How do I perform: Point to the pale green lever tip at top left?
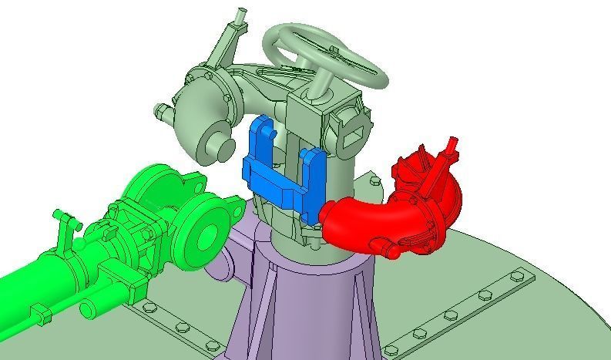[x=241, y=15]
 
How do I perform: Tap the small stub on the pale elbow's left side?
[x=162, y=112]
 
